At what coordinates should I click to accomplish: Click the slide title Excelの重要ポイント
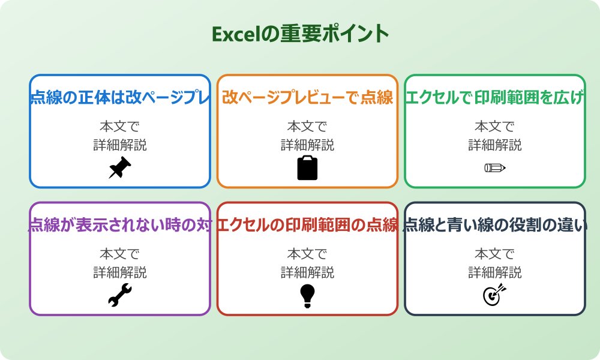[x=300, y=34]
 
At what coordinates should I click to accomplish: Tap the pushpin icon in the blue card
[x=119, y=168]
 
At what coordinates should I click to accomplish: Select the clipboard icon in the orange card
[x=307, y=168]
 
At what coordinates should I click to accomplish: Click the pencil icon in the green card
[x=494, y=167]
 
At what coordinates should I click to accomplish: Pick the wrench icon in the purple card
[x=119, y=295]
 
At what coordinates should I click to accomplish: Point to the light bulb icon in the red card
[x=307, y=296]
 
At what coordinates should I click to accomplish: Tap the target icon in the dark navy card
[x=494, y=295]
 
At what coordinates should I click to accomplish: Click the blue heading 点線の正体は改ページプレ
[x=120, y=98]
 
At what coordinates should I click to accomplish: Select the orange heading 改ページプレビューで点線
[x=307, y=98]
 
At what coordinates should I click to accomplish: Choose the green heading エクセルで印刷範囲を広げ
[x=494, y=98]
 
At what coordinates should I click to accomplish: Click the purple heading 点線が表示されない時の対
[x=120, y=226]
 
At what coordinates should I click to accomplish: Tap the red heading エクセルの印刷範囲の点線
[x=307, y=226]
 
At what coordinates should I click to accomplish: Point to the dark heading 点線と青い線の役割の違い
[x=494, y=226]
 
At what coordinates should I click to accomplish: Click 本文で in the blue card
[x=119, y=127]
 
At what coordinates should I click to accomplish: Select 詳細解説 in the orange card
[x=307, y=145]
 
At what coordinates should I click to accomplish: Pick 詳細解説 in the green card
[x=494, y=145]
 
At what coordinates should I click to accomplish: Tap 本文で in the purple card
[x=119, y=254]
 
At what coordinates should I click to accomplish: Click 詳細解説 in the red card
[x=307, y=273]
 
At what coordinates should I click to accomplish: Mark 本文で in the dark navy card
[x=494, y=254]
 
